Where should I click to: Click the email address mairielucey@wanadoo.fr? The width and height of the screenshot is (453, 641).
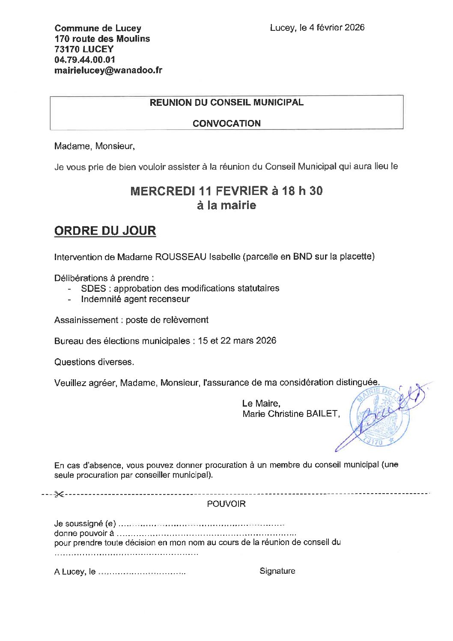point(108,71)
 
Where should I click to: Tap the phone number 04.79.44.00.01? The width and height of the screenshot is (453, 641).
point(85,60)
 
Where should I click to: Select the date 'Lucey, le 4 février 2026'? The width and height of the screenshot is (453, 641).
point(317,28)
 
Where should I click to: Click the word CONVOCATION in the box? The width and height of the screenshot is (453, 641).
point(226,123)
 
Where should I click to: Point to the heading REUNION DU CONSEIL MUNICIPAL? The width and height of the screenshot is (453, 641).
point(226,102)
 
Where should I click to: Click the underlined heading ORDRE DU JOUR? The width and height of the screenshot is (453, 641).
point(105,231)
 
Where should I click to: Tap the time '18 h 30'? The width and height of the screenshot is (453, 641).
point(302,191)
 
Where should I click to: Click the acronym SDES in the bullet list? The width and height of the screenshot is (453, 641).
point(93,288)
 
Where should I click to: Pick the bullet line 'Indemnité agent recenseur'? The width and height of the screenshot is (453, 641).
point(135,299)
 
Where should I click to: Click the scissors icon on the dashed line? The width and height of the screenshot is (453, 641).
point(59,494)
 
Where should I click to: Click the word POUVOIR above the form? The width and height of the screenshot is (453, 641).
point(226,504)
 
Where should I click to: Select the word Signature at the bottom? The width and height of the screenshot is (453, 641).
point(277,571)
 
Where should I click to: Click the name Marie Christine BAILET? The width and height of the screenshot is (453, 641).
point(291,414)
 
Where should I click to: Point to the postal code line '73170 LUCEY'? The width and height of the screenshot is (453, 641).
point(84,49)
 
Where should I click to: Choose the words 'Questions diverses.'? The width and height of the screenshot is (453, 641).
point(94,362)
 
